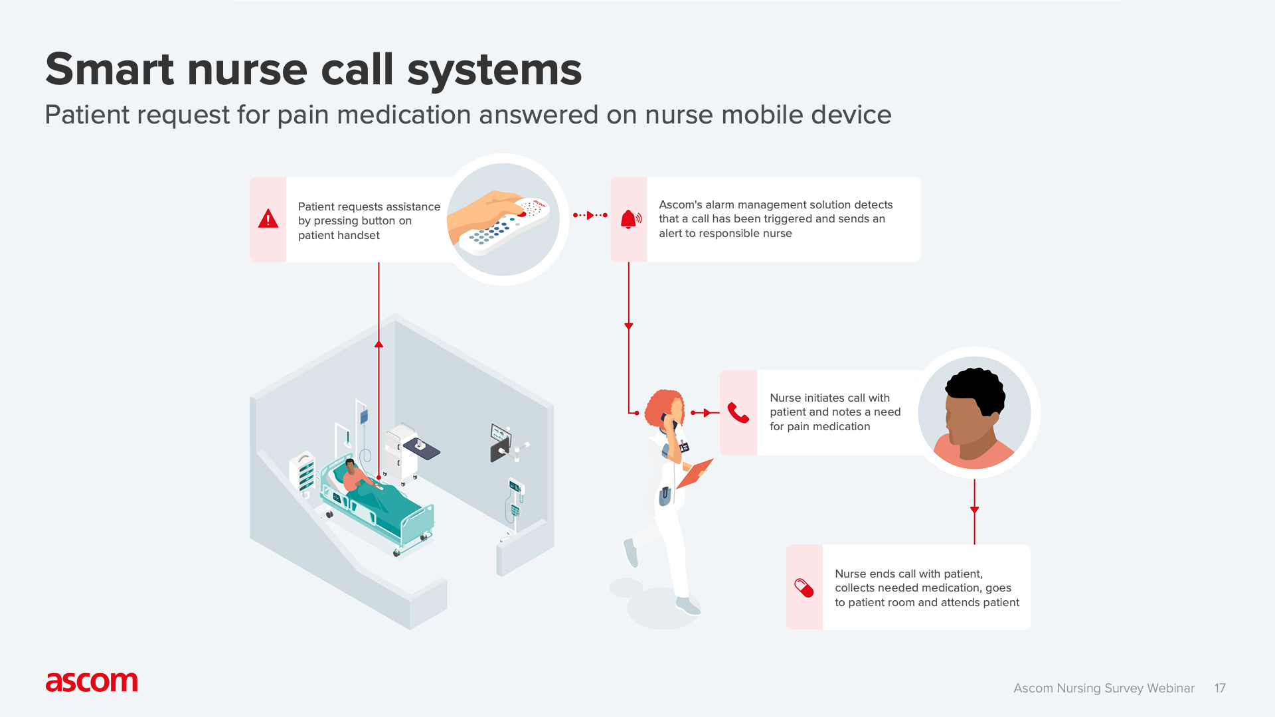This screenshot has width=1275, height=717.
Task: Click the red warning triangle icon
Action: (x=268, y=219)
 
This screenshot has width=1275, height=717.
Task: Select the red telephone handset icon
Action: (x=738, y=413)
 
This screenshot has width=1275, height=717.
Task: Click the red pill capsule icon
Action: (x=804, y=588)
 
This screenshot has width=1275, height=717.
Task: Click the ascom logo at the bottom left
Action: (x=92, y=682)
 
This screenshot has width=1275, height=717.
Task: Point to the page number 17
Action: (x=1220, y=688)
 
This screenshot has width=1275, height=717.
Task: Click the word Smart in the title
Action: (x=110, y=70)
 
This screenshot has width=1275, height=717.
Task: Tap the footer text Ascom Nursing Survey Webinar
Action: (x=1104, y=688)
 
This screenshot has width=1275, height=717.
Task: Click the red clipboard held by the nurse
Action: (x=696, y=473)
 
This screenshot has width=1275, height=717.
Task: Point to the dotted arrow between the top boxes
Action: (x=590, y=215)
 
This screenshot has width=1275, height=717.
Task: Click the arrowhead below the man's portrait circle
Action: (x=974, y=510)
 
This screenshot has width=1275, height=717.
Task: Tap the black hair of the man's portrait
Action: (x=976, y=388)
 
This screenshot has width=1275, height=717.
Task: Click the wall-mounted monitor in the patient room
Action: (x=500, y=435)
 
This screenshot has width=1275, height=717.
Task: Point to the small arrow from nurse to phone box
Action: (x=705, y=413)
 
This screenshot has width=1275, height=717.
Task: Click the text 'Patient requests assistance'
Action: (x=369, y=206)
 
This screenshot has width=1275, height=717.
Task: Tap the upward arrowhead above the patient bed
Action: (x=379, y=344)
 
